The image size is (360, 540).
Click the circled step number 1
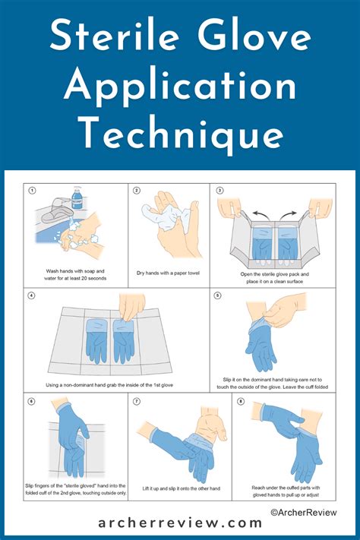pos(33,191)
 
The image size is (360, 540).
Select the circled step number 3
pos(220,191)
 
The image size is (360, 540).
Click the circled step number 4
pos(33,295)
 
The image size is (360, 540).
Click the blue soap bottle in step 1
pos(77,201)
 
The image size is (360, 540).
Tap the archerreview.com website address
pos(180,523)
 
